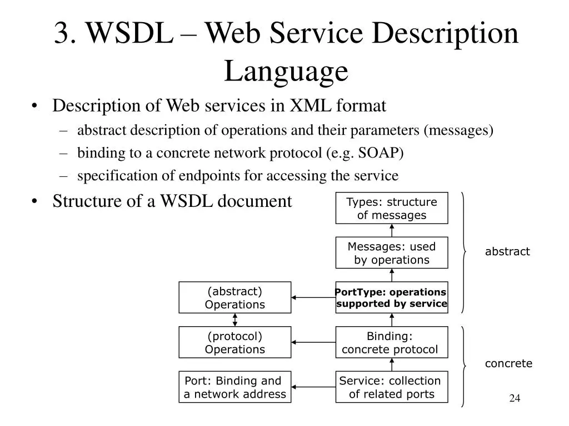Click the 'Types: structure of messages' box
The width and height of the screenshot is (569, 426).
(392, 208)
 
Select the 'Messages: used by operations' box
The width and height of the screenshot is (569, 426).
(392, 253)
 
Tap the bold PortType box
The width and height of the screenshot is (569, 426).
(392, 297)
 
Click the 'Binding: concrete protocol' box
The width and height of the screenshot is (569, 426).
(392, 342)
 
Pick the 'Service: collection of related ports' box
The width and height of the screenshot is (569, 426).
(392, 387)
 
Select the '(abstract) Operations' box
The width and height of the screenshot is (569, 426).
(235, 297)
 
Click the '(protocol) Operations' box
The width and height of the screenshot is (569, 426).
(235, 342)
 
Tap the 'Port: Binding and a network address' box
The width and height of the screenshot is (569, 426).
(235, 387)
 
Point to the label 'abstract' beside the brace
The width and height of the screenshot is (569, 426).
(507, 251)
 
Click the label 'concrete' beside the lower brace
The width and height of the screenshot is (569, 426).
(508, 363)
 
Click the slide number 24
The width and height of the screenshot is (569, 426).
(515, 398)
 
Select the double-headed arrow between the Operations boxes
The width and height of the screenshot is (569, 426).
(235, 320)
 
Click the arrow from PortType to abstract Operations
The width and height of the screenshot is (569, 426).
(313, 297)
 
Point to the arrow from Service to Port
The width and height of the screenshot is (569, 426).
(313, 387)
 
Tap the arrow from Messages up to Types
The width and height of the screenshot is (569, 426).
(392, 230)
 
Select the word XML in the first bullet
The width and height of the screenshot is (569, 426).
(310, 106)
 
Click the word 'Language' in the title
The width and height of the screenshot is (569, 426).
(286, 71)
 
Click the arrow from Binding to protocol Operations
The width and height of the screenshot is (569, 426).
(313, 342)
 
